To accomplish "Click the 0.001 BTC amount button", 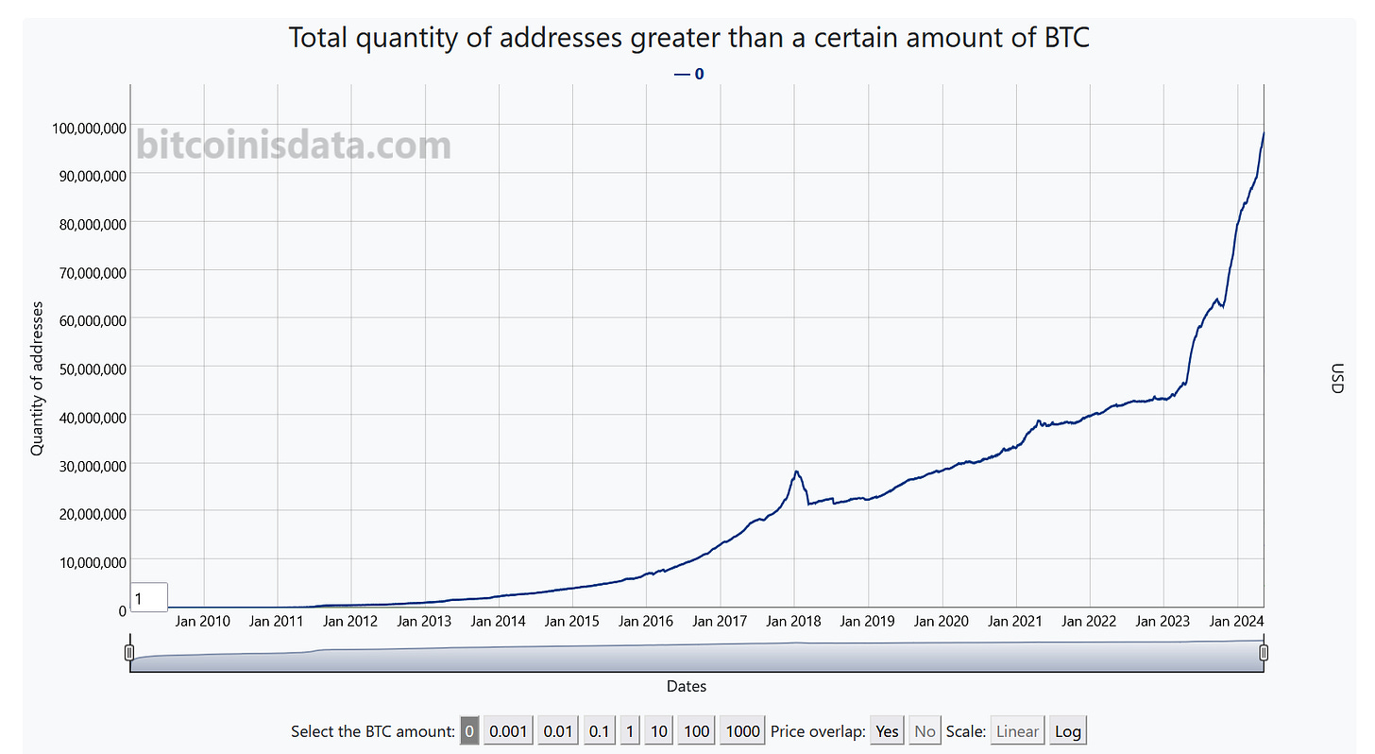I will click(x=508, y=730).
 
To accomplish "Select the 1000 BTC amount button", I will click(x=743, y=730).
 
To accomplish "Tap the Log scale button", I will click(x=1067, y=730).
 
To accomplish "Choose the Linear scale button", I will click(x=1017, y=730).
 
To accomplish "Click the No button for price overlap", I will click(x=925, y=730).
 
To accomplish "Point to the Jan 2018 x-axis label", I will click(x=794, y=621).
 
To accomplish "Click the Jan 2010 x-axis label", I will click(x=203, y=621).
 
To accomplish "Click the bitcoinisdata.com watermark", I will click(x=294, y=146).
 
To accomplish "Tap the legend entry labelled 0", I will click(x=690, y=73).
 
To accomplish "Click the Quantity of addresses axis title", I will click(x=38, y=378).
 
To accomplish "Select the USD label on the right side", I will click(x=1335, y=378).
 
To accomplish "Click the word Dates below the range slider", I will click(x=687, y=686).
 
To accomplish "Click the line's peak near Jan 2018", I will click(x=797, y=471).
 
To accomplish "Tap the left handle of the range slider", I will click(x=129, y=652).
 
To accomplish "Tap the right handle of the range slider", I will click(x=1264, y=652).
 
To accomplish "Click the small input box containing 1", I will click(x=149, y=598).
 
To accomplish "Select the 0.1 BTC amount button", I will click(x=599, y=730).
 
